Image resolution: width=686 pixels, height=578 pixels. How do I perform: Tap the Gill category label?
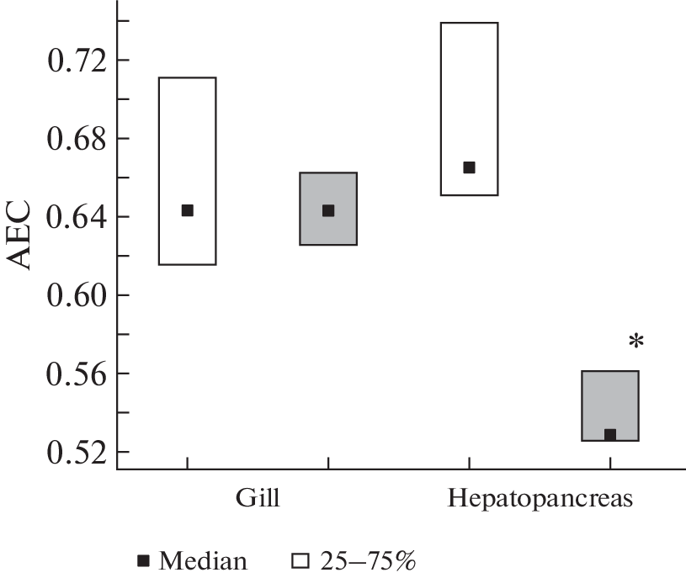pos(257,497)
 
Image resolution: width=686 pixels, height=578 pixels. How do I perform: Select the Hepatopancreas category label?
pos(540,498)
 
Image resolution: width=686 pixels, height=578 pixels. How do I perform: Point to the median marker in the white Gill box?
pos(188,210)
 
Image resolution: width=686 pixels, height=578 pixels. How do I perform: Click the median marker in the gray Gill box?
pos(328,210)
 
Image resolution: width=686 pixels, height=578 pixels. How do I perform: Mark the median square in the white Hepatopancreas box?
pos(470,167)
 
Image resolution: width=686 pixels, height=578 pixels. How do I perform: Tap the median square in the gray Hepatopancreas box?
pos(610,435)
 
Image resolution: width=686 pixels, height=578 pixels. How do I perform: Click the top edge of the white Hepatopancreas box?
pos(470,23)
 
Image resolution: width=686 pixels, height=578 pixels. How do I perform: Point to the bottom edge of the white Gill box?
pos(188,264)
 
